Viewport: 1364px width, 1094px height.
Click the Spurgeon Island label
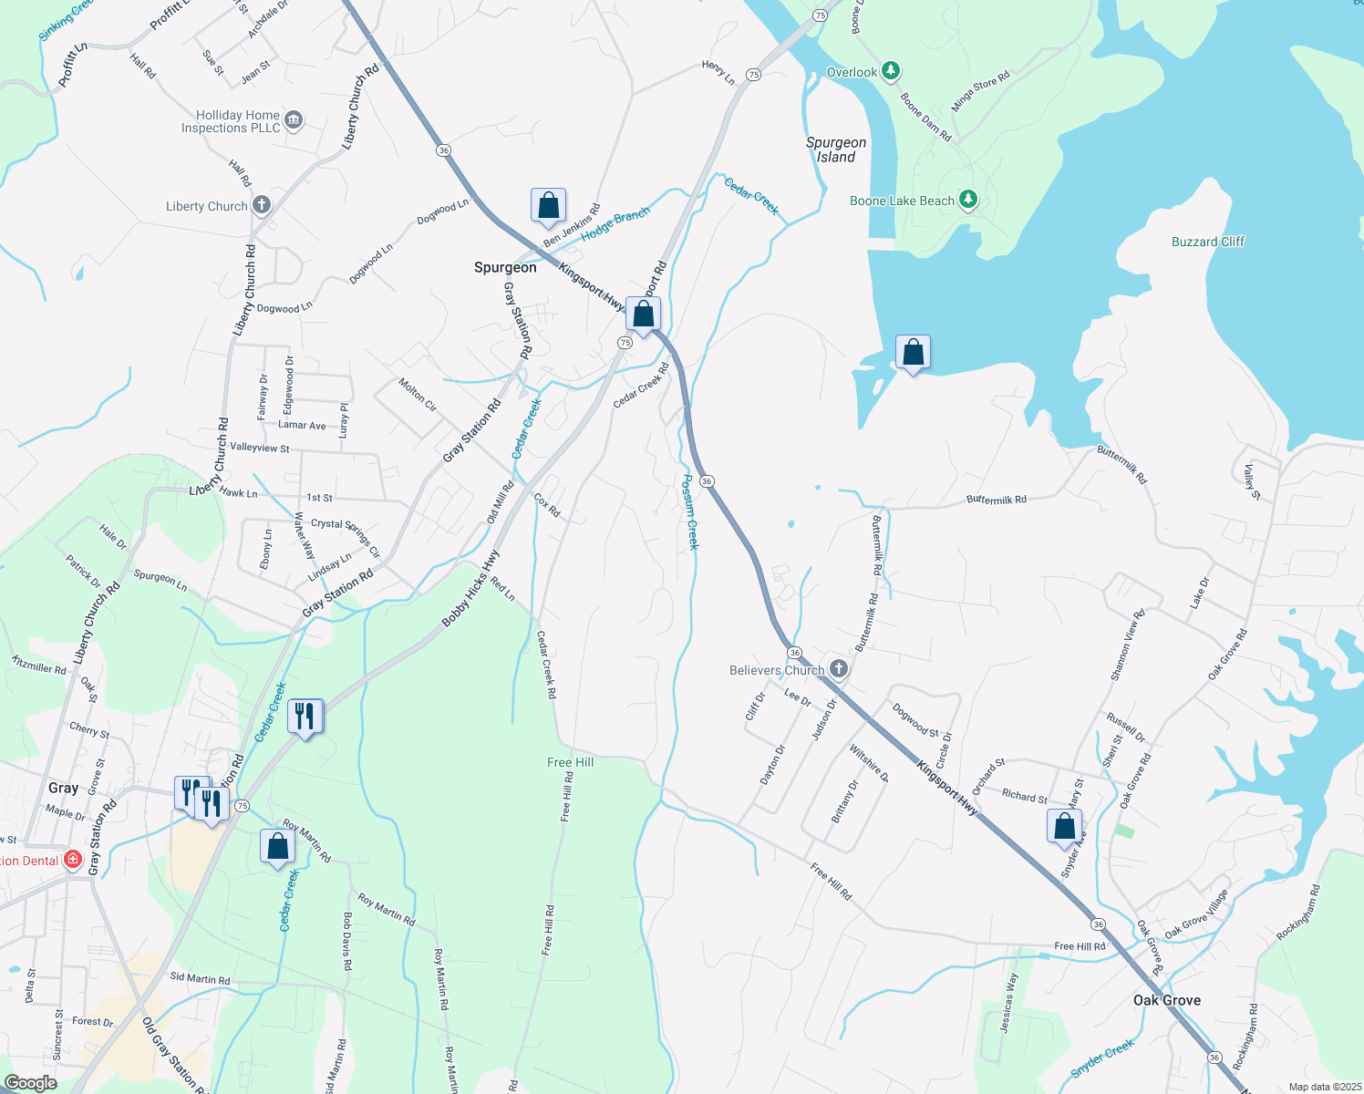coord(835,150)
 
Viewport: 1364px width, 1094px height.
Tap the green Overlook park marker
coord(891,71)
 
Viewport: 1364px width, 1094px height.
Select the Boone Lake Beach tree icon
coord(968,200)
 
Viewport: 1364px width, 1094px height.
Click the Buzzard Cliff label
coord(1207,242)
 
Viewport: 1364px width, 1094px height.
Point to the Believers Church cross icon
coord(839,669)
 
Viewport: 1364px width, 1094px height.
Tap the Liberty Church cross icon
coord(262,205)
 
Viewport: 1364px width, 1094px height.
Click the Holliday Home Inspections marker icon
coord(294,120)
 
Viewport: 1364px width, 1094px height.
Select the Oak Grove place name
coord(1166,1000)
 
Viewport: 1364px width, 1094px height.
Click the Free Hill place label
coord(570,762)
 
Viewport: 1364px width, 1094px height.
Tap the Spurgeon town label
coord(505,267)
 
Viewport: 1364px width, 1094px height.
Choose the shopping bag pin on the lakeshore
coord(913,353)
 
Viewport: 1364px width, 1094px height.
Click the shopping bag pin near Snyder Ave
coord(1064,827)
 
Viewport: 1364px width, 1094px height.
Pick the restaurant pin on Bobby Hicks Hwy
coord(305,717)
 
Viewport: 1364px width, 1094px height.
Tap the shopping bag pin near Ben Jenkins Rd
coord(548,206)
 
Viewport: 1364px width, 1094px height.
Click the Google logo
coord(30,1082)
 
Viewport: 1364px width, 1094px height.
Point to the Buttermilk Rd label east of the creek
coord(996,500)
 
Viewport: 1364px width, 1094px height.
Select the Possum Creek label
coord(691,511)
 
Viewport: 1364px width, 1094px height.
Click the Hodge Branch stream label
coord(615,223)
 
